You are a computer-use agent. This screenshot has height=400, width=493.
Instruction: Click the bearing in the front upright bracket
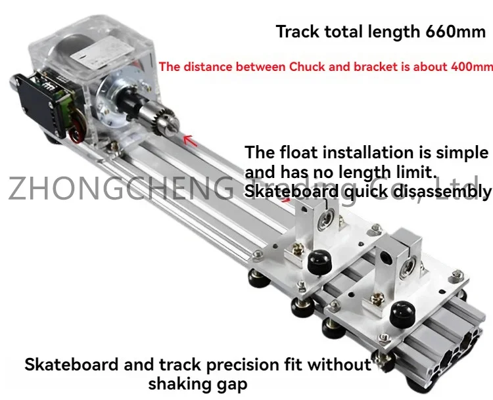coord(406,267)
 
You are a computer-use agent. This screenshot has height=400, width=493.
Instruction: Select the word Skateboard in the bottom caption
coord(72,365)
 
